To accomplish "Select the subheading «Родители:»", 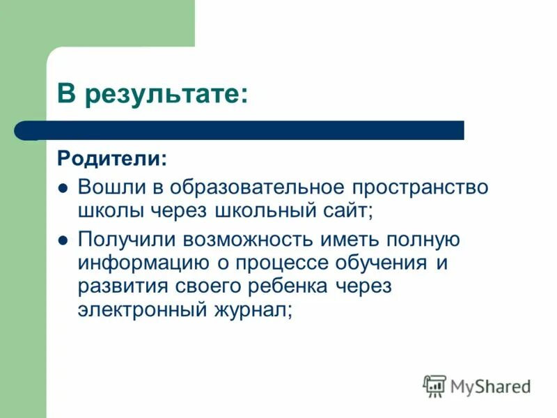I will [x=112, y=160].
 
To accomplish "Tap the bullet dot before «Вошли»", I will [x=63, y=188].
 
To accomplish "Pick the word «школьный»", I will [x=258, y=208].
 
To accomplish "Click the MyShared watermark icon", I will [x=434, y=385].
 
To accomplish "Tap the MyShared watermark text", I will [x=490, y=386].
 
